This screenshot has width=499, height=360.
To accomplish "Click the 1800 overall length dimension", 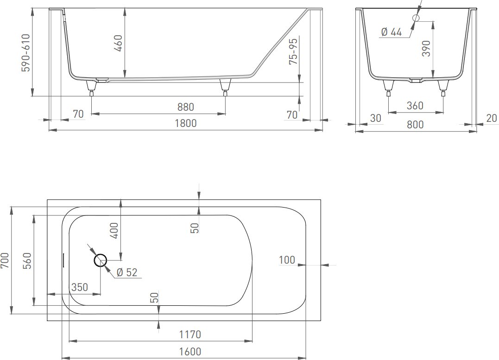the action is tap(186, 123).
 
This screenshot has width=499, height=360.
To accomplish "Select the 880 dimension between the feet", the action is tap(185, 107).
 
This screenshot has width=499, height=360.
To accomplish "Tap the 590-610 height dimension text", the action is tap(25, 53).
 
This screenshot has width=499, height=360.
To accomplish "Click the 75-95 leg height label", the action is tap(293, 51).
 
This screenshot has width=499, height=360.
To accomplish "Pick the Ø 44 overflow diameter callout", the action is tap(392, 32).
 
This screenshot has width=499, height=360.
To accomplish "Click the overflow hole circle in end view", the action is tap(416, 18).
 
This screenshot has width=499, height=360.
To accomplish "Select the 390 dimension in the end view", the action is tap(426, 48).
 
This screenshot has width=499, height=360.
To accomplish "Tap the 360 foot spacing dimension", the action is tap(415, 106).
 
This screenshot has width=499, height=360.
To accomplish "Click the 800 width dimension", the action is tap(415, 125).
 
